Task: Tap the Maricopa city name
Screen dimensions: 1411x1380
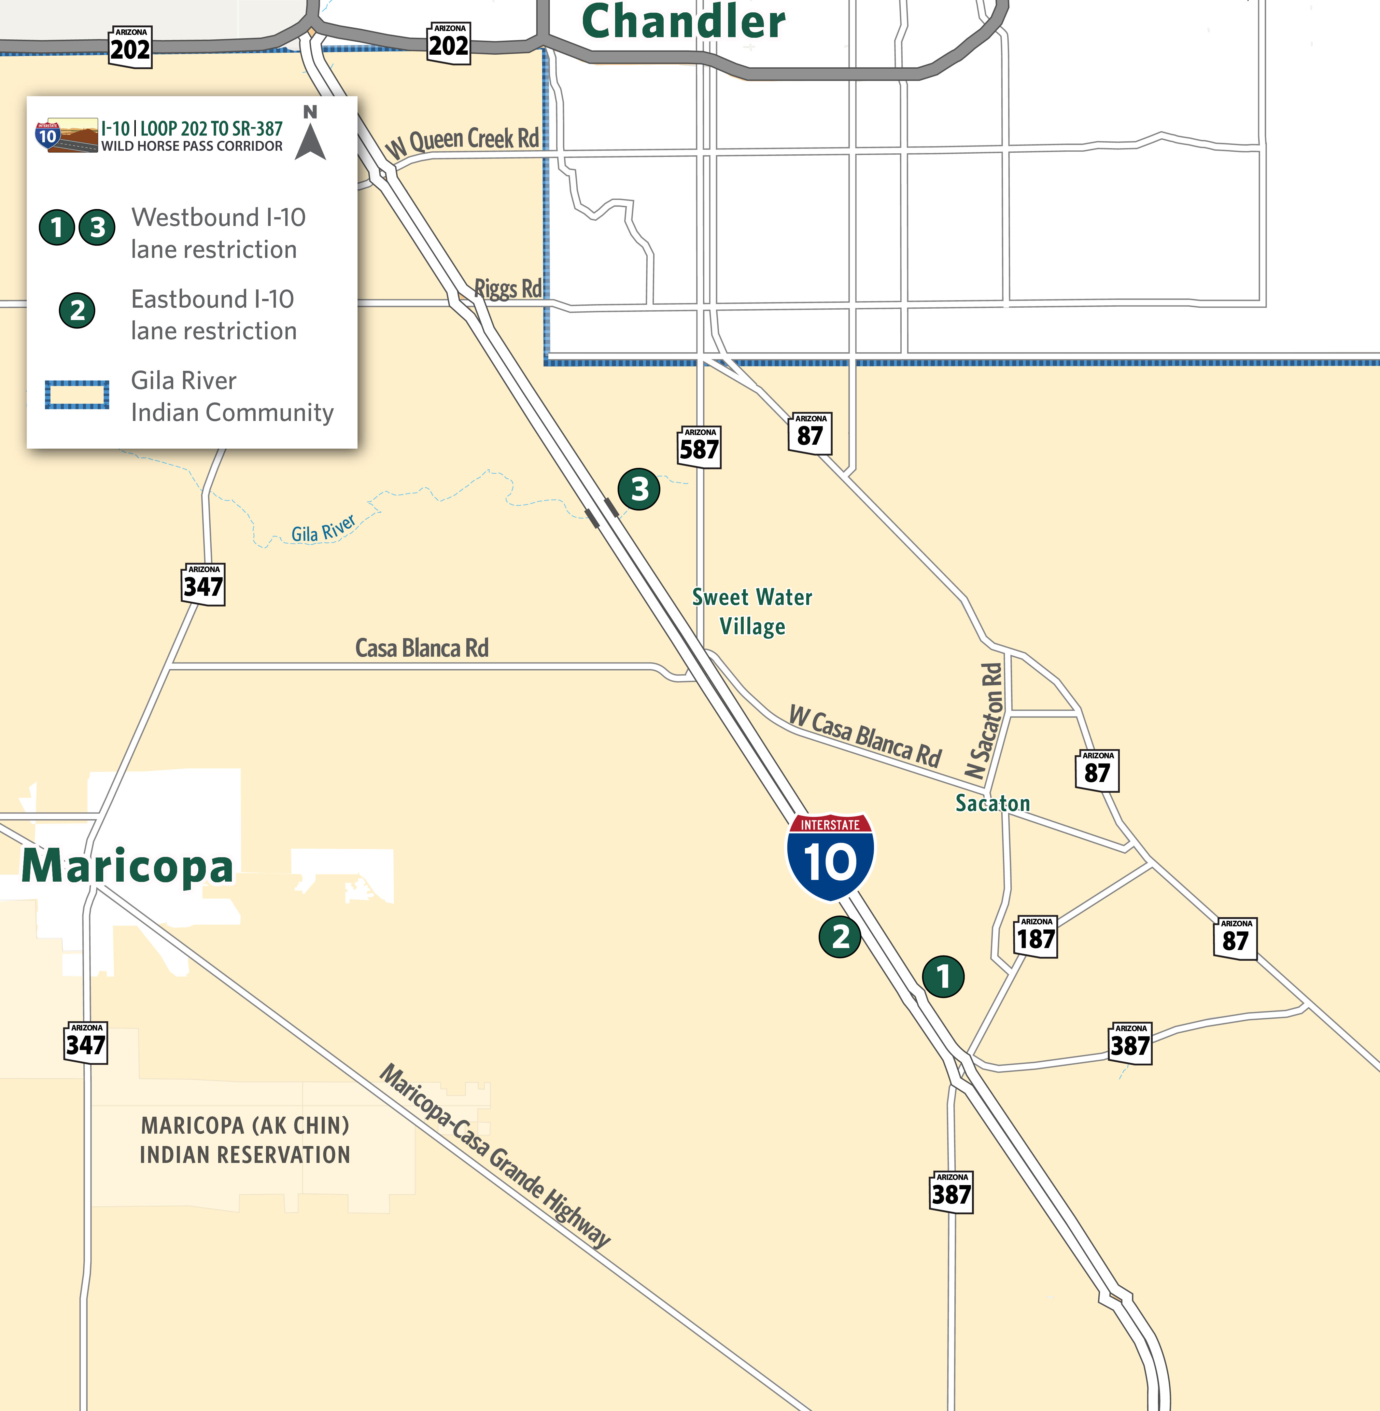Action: tap(128, 866)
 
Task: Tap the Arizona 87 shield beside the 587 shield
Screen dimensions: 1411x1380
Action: tap(810, 433)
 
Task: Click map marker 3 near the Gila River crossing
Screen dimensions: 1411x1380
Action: tap(639, 489)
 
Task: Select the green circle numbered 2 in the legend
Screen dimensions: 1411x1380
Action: tap(77, 310)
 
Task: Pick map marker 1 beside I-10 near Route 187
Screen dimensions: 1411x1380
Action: tap(943, 976)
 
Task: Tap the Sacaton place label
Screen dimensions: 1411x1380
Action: tap(992, 803)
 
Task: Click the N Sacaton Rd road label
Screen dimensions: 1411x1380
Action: tap(984, 721)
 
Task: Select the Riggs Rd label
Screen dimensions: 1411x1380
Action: tap(507, 288)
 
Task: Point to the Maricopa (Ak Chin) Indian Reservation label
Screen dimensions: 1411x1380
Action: tap(245, 1140)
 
